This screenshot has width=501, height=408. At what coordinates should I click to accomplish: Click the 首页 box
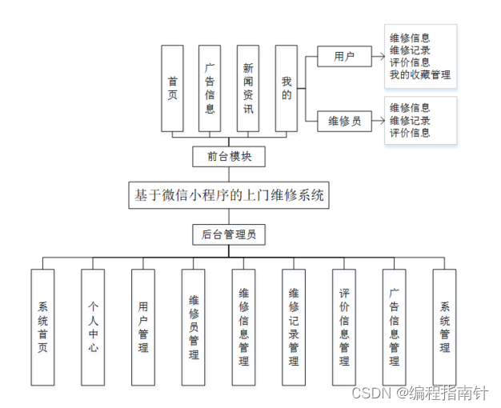point(172,88)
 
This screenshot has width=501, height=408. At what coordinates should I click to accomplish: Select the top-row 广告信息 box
point(210,88)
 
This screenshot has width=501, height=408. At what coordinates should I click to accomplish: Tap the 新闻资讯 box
point(248,88)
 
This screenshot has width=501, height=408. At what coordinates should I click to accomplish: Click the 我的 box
point(287,88)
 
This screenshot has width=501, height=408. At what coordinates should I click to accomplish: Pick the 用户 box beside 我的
point(344,57)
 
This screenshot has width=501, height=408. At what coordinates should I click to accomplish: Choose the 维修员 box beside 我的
point(344,121)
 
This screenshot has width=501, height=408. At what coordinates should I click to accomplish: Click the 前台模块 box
point(229,156)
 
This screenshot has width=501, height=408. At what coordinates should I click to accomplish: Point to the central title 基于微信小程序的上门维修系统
point(229,195)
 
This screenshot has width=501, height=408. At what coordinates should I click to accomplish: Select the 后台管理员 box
point(229,234)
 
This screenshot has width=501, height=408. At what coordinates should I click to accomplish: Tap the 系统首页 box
point(42,326)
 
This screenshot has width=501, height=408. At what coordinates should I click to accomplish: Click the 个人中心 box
point(93,326)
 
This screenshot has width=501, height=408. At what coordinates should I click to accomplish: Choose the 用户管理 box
point(143,326)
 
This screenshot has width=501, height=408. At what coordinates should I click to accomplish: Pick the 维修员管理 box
point(193,326)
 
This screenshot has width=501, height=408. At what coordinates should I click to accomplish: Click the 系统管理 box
point(444,326)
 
